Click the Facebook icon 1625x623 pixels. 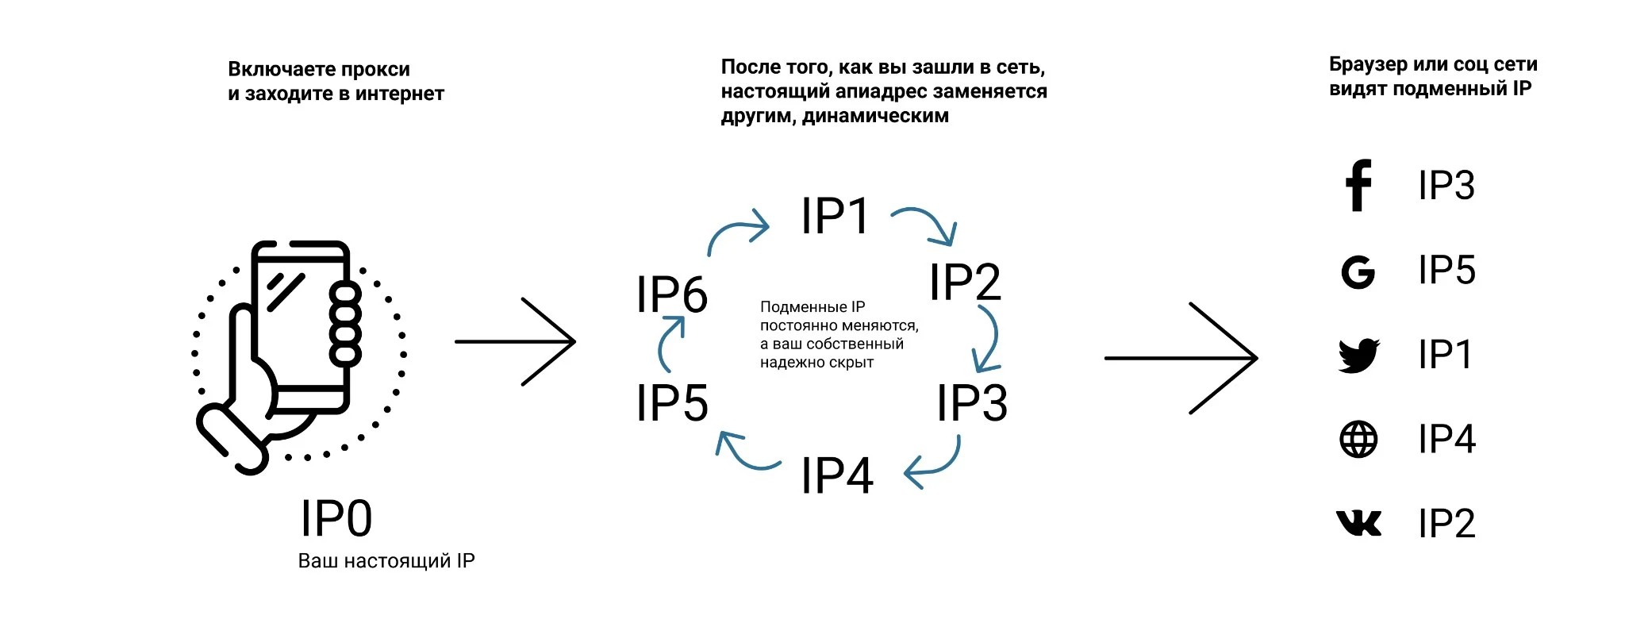[1358, 186]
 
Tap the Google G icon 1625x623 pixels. [1358, 272]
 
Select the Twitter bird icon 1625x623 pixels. [1359, 356]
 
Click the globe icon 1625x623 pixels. [1358, 439]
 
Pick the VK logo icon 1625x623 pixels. [1358, 523]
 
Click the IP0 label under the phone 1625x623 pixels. [336, 519]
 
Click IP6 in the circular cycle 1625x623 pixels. [671, 294]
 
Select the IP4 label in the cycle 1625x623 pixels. [837, 475]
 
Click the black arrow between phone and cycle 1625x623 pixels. [515, 342]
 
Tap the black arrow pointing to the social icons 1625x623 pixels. [1181, 358]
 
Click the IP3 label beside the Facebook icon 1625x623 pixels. [1446, 186]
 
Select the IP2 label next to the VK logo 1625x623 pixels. [1446, 524]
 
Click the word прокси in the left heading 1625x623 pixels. [376, 69]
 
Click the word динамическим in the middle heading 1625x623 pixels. [875, 116]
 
